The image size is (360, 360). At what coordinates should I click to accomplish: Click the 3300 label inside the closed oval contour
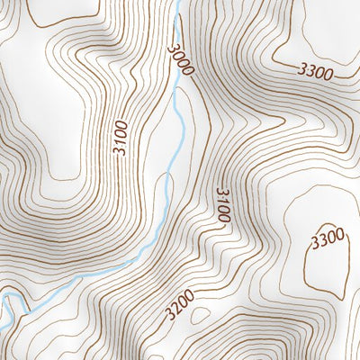click(328, 238)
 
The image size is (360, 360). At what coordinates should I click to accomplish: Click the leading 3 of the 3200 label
click(167, 316)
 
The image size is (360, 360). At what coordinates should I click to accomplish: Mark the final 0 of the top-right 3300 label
click(330, 75)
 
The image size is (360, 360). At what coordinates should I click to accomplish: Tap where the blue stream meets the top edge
click(179, 2)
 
